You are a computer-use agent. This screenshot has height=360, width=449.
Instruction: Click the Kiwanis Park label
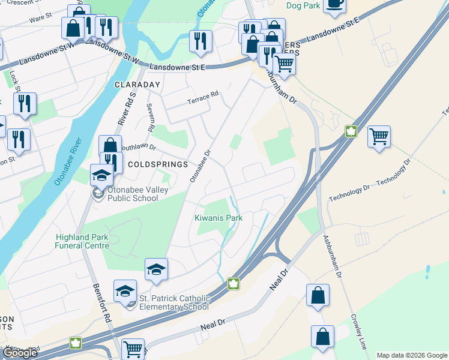click(219, 218)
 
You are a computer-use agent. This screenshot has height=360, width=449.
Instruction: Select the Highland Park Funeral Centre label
click(82, 241)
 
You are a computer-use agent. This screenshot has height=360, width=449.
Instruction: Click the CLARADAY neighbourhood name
click(137, 85)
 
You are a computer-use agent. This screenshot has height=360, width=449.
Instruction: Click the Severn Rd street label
click(151, 117)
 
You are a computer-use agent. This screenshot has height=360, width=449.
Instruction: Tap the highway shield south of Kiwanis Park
click(233, 283)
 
